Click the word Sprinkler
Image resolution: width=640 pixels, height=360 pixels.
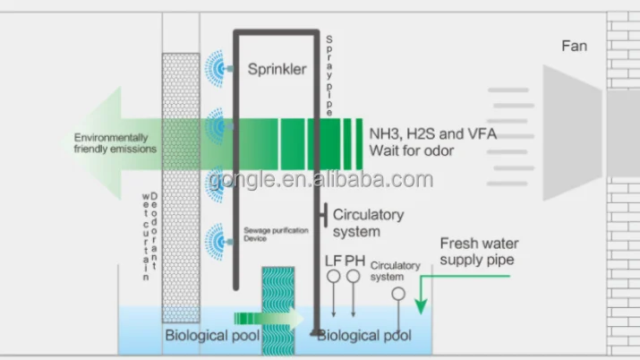pyautogui.click(x=277, y=67)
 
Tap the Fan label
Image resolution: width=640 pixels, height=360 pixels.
pyautogui.click(x=574, y=45)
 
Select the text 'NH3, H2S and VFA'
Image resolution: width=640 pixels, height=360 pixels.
pyautogui.click(x=432, y=133)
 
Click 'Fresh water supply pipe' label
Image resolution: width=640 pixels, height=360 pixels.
pyautogui.click(x=479, y=252)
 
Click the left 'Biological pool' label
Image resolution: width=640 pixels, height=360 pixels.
pyautogui.click(x=211, y=336)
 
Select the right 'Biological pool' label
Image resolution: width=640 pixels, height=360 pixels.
pyautogui.click(x=364, y=336)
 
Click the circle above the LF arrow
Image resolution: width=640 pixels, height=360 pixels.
pyautogui.click(x=333, y=277)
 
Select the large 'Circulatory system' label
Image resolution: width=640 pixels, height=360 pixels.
pyautogui.click(x=368, y=223)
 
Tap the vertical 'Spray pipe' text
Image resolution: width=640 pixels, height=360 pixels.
pyautogui.click(x=329, y=75)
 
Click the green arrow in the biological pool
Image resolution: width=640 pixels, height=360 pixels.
pyautogui.click(x=269, y=317)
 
